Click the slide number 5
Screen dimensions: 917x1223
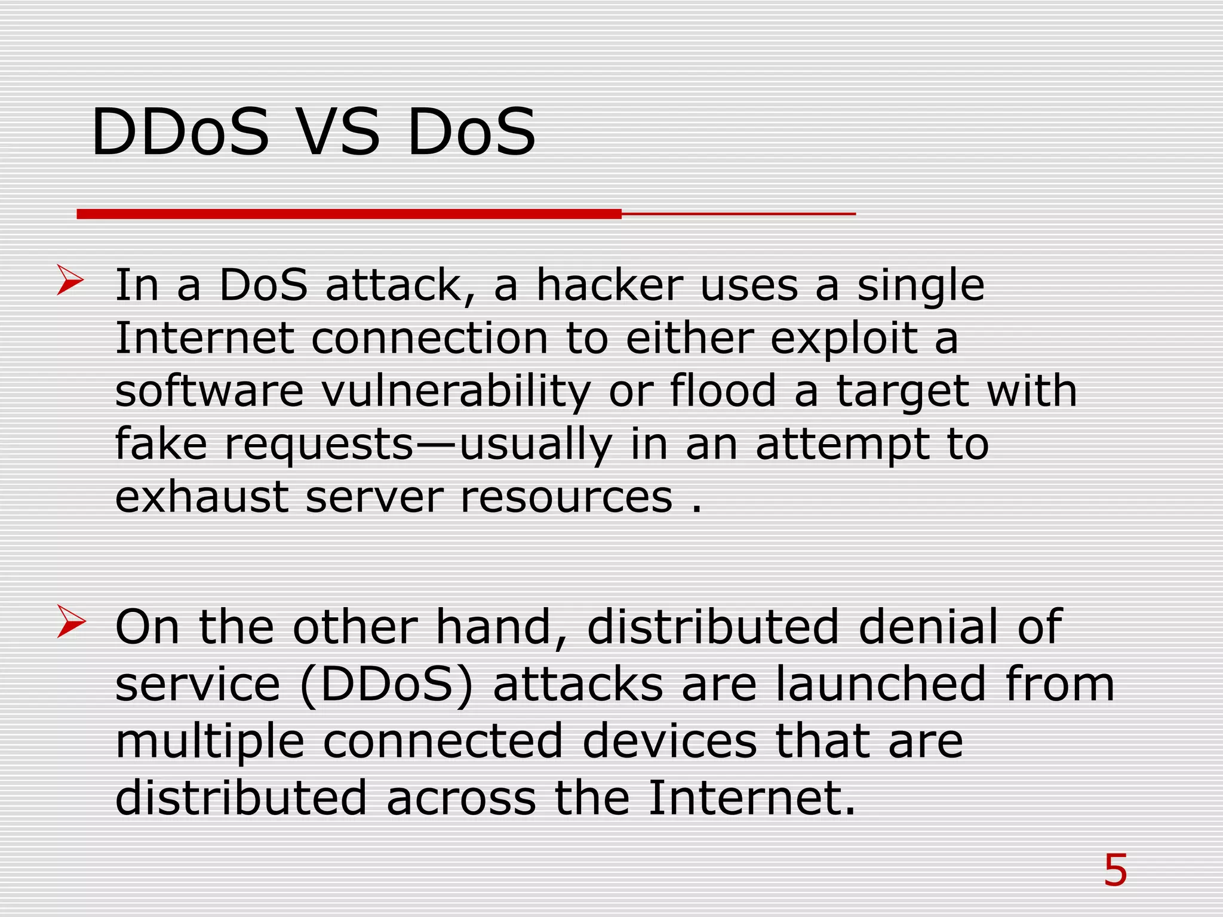coord(1115,870)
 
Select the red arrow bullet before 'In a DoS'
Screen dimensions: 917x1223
coord(70,281)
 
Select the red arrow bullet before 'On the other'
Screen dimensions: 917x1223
coord(71,621)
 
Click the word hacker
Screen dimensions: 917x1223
coord(609,285)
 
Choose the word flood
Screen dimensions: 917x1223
coord(723,391)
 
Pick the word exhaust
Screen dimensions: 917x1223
coord(202,497)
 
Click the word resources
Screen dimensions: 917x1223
coord(566,497)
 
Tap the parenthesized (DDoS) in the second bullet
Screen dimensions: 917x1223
coord(386,685)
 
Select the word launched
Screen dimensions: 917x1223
coord(881,684)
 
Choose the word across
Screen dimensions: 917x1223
coord(461,798)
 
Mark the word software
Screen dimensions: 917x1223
coord(210,391)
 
